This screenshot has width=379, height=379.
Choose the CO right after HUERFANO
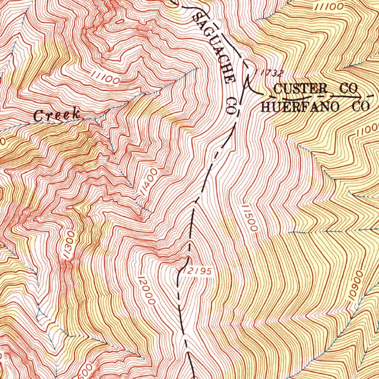(x=360, y=107)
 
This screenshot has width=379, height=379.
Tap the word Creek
(x=57, y=115)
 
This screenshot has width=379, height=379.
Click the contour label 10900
(x=354, y=288)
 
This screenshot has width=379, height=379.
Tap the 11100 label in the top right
(x=329, y=6)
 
